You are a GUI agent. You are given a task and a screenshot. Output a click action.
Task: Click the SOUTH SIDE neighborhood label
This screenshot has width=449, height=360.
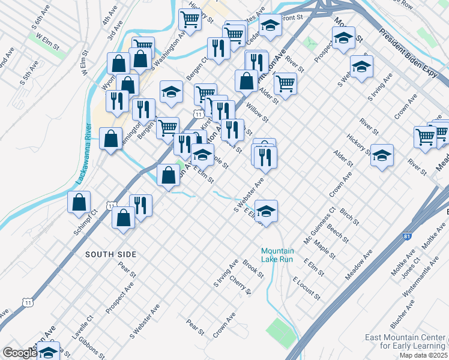point(110,254)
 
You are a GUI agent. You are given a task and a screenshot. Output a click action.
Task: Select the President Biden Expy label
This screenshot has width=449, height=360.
point(414,47)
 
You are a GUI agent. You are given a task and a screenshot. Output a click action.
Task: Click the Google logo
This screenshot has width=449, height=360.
point(19,353)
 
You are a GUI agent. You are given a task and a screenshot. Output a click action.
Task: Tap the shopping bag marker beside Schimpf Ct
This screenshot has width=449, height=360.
point(79,203)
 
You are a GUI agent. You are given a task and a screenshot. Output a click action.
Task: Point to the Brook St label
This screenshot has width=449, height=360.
point(253,268)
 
